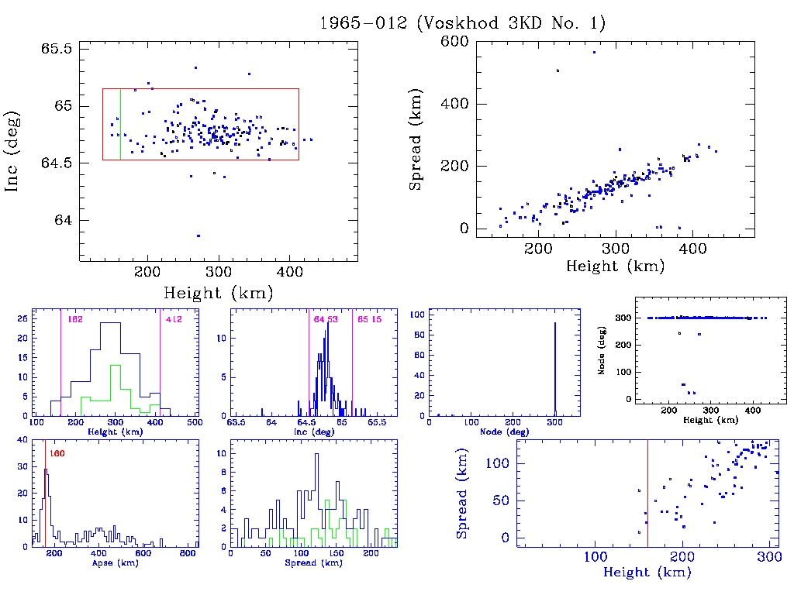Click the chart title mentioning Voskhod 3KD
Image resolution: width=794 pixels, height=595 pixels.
click(x=462, y=22)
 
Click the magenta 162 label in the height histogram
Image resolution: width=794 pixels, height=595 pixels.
click(x=75, y=319)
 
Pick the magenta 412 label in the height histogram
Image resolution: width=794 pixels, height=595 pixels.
click(x=172, y=319)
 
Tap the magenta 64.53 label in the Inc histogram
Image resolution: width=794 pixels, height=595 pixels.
click(x=325, y=319)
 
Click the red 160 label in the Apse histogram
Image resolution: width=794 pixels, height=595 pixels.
click(x=57, y=453)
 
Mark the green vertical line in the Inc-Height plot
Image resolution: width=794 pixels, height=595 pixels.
click(x=120, y=124)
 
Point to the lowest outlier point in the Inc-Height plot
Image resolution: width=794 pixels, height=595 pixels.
click(x=198, y=236)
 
